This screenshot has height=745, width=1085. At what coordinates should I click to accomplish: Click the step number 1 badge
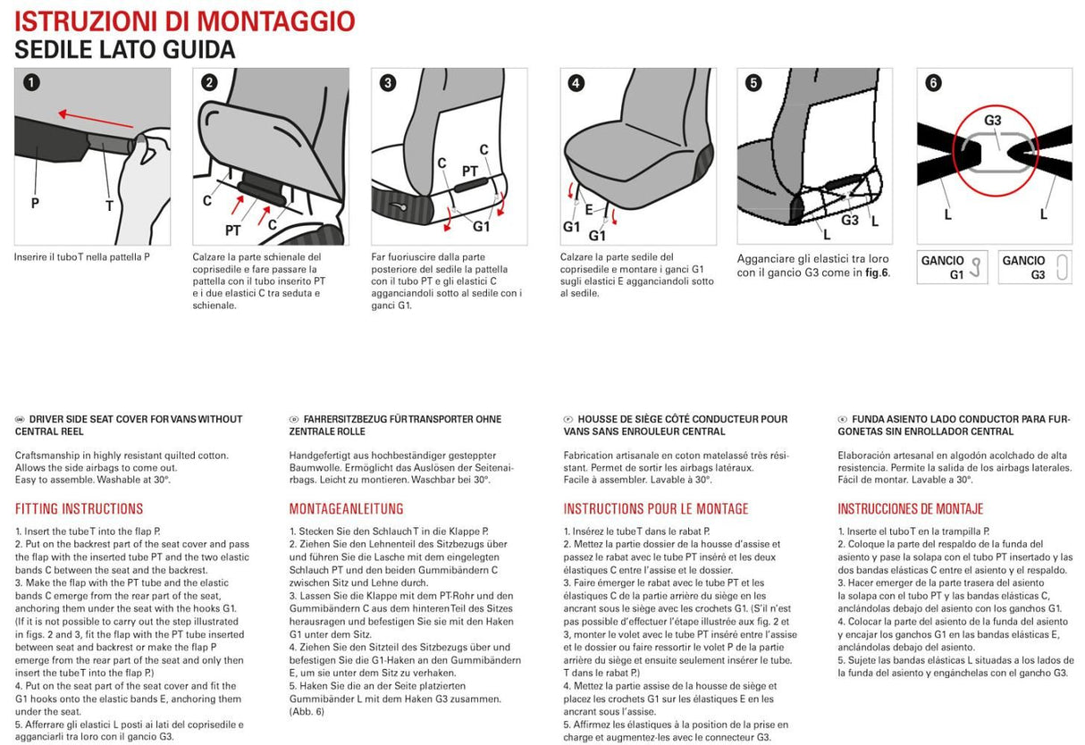click(30, 83)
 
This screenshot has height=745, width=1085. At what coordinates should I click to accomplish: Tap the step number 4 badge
click(576, 83)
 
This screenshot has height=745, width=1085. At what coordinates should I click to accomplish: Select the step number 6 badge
click(933, 83)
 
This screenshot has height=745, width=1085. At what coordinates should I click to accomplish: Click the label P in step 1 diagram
click(35, 203)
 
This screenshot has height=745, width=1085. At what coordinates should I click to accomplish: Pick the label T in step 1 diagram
click(109, 205)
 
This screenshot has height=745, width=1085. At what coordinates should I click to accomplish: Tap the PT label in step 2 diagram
click(233, 229)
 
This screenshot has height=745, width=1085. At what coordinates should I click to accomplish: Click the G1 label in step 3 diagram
click(481, 227)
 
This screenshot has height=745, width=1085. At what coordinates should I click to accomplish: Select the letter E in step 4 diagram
click(588, 209)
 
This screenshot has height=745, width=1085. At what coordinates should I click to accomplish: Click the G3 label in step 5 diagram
click(849, 220)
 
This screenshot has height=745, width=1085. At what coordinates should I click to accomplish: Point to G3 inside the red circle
click(992, 120)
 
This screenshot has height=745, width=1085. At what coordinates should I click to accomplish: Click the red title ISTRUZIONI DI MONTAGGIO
click(185, 21)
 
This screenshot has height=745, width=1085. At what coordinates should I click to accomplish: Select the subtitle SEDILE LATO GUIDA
click(125, 50)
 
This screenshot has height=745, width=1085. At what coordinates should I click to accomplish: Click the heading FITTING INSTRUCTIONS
click(79, 509)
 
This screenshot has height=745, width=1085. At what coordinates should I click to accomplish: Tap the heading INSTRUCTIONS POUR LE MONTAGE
click(655, 509)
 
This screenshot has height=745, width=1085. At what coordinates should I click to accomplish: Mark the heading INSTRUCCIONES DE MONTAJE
click(910, 509)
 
